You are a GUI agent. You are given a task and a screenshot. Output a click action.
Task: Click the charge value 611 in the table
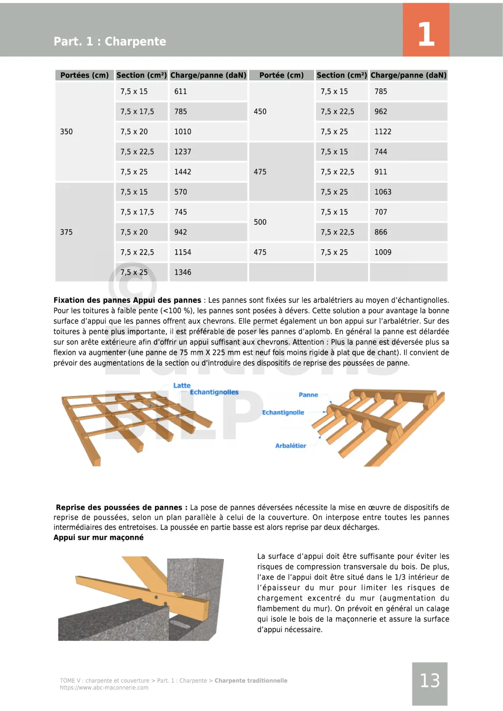(x=181, y=91)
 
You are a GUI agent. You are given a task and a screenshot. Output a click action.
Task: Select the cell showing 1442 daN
(x=183, y=172)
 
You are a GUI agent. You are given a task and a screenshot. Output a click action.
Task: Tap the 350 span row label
(x=66, y=132)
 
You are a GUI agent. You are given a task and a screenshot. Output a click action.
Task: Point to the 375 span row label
(x=66, y=232)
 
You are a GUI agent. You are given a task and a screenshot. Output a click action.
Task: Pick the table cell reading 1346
(x=183, y=272)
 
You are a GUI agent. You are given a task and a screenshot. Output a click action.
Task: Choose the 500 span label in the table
(x=260, y=222)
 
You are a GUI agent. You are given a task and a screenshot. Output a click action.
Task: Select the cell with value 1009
(x=383, y=252)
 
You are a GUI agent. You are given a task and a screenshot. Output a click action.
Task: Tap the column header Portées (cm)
(x=84, y=75)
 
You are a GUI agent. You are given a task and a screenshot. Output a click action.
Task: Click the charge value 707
(x=381, y=212)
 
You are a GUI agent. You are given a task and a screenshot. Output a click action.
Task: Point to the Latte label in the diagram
(x=182, y=386)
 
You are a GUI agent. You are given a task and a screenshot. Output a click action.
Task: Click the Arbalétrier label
(x=290, y=446)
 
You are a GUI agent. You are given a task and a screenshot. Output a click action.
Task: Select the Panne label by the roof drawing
(x=308, y=395)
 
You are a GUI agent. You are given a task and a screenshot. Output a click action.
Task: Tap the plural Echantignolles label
(x=214, y=393)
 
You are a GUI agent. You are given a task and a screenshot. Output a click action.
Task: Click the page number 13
(x=430, y=681)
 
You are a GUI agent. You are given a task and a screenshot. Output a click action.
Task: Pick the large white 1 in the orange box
(x=426, y=34)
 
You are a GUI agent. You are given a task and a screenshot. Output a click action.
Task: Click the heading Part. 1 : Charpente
(x=110, y=41)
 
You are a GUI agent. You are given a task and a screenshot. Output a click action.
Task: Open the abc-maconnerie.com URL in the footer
(x=104, y=688)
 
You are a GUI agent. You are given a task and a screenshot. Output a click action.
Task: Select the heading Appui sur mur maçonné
(x=99, y=537)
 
